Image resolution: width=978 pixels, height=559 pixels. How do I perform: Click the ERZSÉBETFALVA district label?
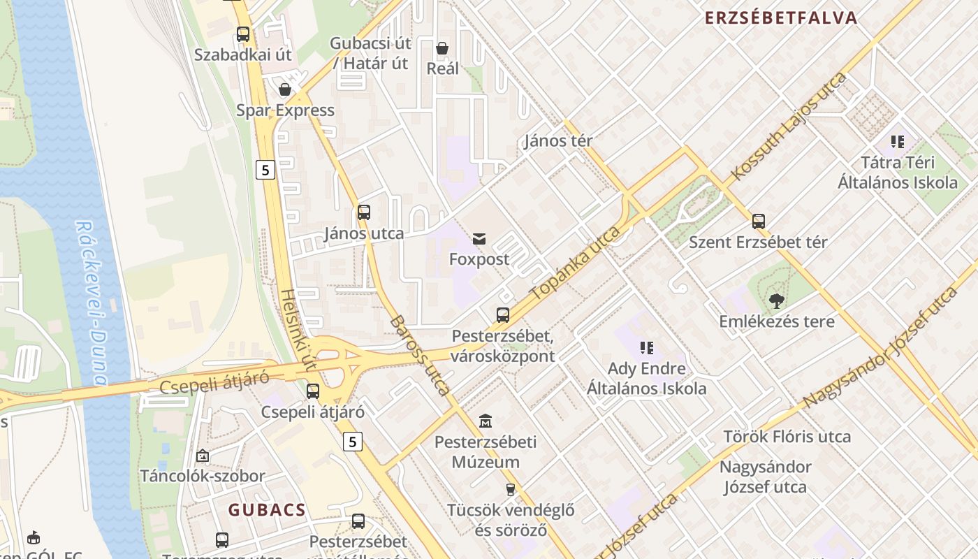pyautogui.click(x=781, y=18)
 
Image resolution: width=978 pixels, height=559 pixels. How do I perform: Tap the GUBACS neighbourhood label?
pyautogui.click(x=268, y=510)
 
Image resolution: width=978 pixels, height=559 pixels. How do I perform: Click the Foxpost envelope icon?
pyautogui.click(x=479, y=240)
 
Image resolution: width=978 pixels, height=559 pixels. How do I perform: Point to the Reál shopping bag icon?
pyautogui.click(x=442, y=48)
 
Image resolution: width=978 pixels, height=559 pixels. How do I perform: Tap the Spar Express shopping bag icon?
pyautogui.click(x=285, y=89)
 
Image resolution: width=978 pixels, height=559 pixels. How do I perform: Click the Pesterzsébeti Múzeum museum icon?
pyautogui.click(x=486, y=421)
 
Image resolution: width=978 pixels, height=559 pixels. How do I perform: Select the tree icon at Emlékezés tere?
pyautogui.click(x=776, y=301)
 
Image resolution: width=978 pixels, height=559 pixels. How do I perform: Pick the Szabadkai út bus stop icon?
pyautogui.click(x=242, y=34)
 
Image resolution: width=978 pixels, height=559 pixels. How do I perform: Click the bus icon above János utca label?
pyautogui.click(x=364, y=212)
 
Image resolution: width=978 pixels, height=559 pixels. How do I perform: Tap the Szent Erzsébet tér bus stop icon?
pyautogui.click(x=759, y=222)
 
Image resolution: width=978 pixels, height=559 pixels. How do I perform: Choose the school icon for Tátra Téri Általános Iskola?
pyautogui.click(x=898, y=142)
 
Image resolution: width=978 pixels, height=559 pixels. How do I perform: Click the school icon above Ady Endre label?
pyautogui.click(x=646, y=347)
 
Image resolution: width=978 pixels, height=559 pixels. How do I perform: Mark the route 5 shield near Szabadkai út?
pyautogui.click(x=265, y=169)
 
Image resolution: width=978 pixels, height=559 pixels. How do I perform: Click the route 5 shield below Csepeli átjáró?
pyautogui.click(x=353, y=441)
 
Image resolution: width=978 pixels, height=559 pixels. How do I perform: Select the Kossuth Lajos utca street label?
pyautogui.click(x=789, y=126)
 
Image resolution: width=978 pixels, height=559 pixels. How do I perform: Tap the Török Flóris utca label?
pyautogui.click(x=787, y=437)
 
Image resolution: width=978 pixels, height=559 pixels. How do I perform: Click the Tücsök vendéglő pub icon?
pyautogui.click(x=511, y=490)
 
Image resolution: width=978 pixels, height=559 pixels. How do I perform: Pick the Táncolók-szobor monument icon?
pyautogui.click(x=203, y=456)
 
